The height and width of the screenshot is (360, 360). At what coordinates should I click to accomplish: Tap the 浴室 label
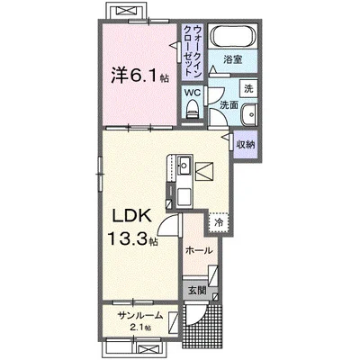pos(233,59)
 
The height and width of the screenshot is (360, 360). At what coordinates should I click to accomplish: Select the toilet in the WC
pos(193,110)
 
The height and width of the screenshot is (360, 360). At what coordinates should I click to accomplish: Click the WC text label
pos(193,93)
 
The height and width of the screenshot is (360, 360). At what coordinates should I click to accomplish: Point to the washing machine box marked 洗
pos(248,88)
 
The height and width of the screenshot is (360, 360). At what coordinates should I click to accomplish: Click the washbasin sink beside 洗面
pos(249,114)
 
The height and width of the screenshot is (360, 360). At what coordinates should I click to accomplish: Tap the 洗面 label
pos(229,104)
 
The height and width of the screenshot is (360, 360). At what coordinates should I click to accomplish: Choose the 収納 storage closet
pos(246,145)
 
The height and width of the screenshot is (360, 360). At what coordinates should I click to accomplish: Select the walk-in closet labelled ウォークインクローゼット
pos(193,51)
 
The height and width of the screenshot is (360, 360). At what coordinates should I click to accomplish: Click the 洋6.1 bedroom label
pos(139,76)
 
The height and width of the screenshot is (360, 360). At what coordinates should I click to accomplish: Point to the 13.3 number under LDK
pos(128,238)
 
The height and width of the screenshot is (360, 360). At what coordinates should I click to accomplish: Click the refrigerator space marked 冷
pos(219,222)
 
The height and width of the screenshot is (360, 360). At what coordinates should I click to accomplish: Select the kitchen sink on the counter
pos(183,165)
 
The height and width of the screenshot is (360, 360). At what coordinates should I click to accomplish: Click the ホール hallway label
pos(199,250)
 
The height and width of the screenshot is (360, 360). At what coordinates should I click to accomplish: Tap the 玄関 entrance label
pos(196,291)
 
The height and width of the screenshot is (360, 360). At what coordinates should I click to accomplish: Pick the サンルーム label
pos(140,315)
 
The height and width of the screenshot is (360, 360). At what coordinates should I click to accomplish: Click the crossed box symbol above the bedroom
pos(127,10)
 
